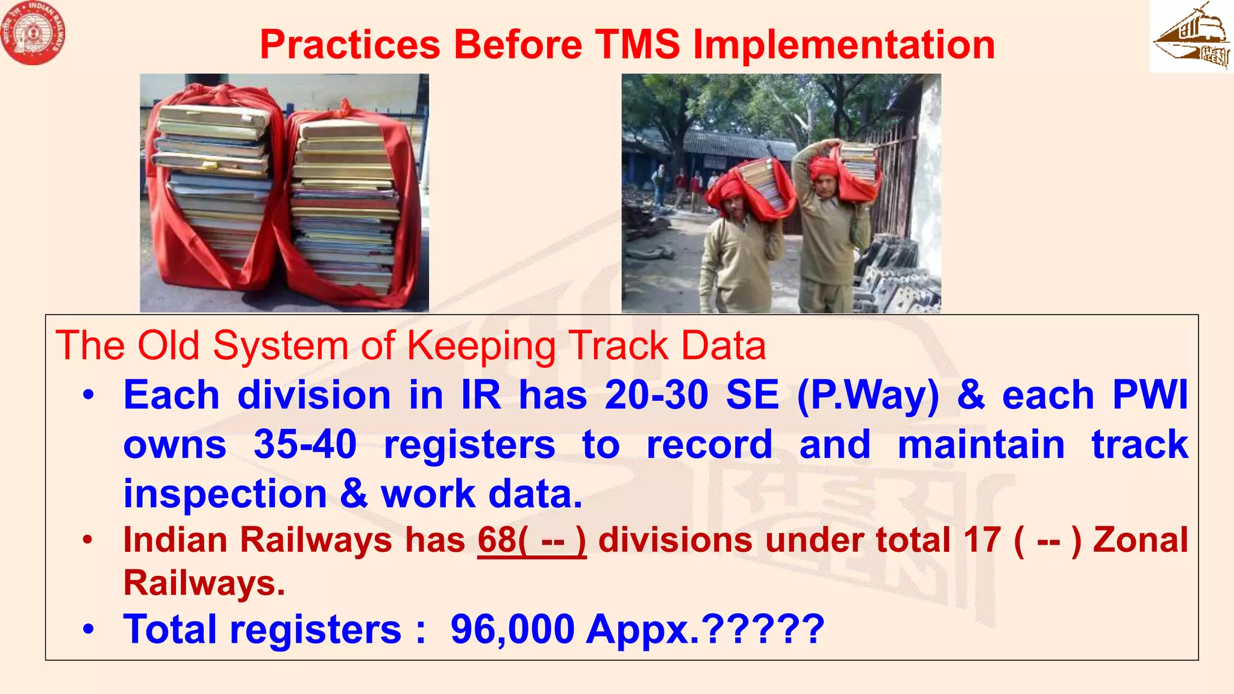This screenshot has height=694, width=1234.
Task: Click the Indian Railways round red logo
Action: coord(33,33)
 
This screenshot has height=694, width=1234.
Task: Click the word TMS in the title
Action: coord(638,45)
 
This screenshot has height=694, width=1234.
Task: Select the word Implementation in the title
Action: coord(844,45)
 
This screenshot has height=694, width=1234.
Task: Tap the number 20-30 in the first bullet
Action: coord(656,396)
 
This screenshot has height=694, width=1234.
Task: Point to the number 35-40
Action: coord(305,445)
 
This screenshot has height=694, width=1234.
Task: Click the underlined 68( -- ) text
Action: coord(531,540)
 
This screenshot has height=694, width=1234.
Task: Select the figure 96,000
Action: coord(512,630)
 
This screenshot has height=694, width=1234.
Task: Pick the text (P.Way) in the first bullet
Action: coord(868,396)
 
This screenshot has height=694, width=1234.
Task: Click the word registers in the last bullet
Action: coord(316,630)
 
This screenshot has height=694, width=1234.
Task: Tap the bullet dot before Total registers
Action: coord(89,630)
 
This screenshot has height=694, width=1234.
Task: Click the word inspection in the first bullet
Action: coord(225,495)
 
